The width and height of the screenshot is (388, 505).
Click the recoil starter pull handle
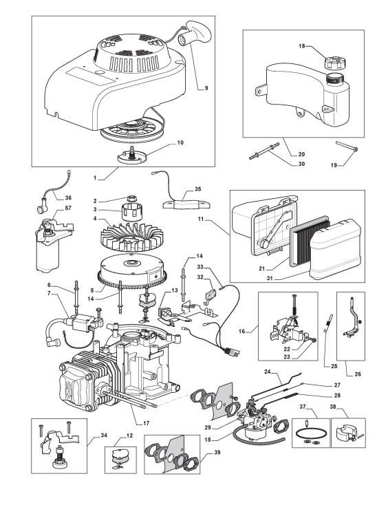194,33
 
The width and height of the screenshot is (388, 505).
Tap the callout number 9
206,88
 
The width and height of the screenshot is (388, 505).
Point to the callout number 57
68,208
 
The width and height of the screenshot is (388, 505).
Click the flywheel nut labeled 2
131,198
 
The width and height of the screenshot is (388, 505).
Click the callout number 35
197,189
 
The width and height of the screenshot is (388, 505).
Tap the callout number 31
270,278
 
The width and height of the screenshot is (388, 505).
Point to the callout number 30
301,164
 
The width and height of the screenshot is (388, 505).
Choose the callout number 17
146,423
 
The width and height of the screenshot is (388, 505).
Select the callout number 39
217,452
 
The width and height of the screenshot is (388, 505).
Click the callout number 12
129,436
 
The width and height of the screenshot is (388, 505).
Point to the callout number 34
104,435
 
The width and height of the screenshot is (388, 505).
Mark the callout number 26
358,374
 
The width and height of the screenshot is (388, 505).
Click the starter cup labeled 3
131,212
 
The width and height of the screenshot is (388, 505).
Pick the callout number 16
242,331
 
